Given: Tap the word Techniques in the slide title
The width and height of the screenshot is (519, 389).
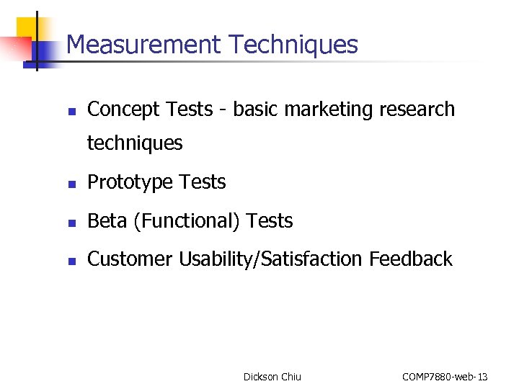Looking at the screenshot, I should point(293,45).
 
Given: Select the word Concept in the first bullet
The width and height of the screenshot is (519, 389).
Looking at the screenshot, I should point(123,109).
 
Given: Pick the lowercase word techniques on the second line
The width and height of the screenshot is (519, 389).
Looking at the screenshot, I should point(135,143).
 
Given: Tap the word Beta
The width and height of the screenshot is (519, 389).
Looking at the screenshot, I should point(107,221).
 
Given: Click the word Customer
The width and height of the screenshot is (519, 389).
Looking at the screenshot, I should point(130,259).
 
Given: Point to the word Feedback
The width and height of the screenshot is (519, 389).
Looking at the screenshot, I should point(411,259).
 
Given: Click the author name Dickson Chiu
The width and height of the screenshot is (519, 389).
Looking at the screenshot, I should point(272,377).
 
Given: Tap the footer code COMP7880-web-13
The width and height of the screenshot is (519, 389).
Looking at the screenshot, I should point(445,377).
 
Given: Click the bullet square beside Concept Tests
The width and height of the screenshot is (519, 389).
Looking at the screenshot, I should point(71,112).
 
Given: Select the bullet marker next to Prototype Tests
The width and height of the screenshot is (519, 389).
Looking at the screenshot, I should point(71,184).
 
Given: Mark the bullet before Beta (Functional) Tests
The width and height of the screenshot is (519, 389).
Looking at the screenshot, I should point(71,223).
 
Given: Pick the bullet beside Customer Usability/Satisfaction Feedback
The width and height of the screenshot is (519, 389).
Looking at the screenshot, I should point(71,261).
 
